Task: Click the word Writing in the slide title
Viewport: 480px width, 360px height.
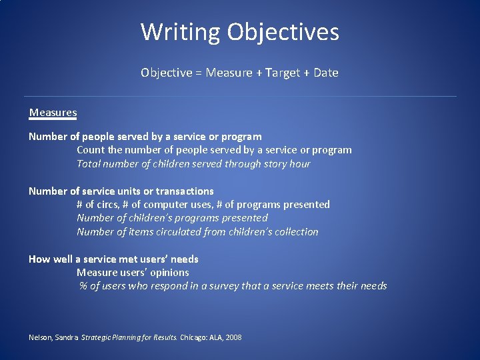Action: pos(180,32)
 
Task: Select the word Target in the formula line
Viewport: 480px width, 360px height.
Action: pos(283,73)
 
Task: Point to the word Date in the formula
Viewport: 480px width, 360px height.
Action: pos(326,73)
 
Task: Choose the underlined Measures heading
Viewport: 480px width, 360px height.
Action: pos(53,113)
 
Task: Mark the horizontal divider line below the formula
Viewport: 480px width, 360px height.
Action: pos(240,97)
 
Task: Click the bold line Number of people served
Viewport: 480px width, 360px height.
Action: pos(145,137)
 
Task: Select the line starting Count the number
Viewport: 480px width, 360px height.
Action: pos(214,150)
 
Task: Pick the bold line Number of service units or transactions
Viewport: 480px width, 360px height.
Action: pos(121,191)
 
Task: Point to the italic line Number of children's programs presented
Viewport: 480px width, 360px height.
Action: pos(172,218)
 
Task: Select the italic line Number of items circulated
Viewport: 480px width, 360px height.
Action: pos(197,232)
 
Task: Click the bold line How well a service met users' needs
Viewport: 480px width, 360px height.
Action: pos(113,259)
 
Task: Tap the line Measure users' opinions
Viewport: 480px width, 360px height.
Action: pos(133,273)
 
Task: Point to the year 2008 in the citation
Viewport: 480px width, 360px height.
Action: pos(233,338)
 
